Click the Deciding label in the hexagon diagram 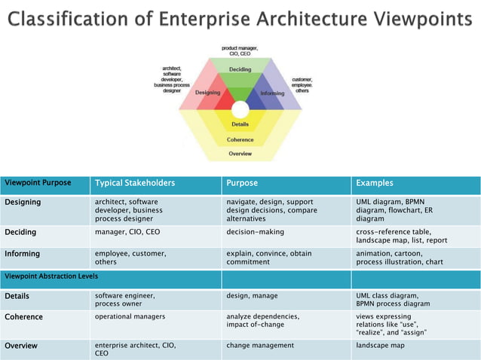pyautogui.click(x=240, y=69)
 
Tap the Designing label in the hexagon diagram pyautogui.click(x=207, y=93)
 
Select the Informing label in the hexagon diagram pyautogui.click(x=272, y=93)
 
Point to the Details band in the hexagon pyautogui.click(x=240, y=124)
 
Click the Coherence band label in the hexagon pyautogui.click(x=240, y=139)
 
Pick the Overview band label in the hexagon pyautogui.click(x=240, y=154)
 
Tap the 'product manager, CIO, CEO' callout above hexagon pyautogui.click(x=240, y=50)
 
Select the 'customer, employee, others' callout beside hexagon pyautogui.click(x=303, y=84)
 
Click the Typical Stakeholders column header pyautogui.click(x=134, y=183)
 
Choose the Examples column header pyautogui.click(x=374, y=183)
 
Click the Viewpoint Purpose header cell pyautogui.click(x=38, y=183)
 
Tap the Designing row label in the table pyautogui.click(x=23, y=202)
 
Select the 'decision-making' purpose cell pyautogui.click(x=255, y=232)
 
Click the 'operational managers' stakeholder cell pyautogui.click(x=130, y=316)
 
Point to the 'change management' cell pyautogui.click(x=260, y=345)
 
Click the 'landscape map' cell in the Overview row pyautogui.click(x=380, y=345)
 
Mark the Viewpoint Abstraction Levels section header pyautogui.click(x=51, y=276)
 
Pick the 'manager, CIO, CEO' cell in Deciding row pyautogui.click(x=127, y=232)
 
